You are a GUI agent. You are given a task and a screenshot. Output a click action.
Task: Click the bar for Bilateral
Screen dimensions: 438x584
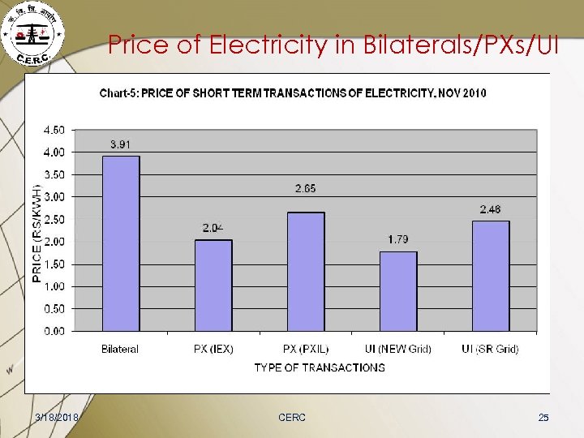pos(120,243)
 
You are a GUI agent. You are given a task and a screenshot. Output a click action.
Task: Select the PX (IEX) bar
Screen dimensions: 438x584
pos(213,286)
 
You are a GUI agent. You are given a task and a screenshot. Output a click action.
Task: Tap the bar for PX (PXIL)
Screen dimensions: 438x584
pos(305,272)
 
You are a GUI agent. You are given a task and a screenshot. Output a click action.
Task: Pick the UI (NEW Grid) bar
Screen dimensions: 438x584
pos(398,291)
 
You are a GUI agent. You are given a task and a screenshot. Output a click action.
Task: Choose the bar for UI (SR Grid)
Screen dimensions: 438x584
pos(490,276)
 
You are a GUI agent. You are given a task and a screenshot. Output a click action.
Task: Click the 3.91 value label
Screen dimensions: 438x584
pos(121,144)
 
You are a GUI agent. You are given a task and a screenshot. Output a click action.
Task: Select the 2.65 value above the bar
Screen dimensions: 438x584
pos(305,188)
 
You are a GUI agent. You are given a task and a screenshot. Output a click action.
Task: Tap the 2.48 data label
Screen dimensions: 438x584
pos(490,209)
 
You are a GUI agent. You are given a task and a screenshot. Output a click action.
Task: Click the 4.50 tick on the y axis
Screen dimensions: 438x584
pos(54,130)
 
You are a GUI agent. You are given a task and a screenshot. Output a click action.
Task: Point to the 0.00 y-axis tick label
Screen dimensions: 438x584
pos(54,331)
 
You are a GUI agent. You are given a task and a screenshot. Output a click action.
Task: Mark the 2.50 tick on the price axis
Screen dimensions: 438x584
pos(54,219)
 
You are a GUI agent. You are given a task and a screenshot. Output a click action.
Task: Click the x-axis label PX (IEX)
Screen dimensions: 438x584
pos(213,350)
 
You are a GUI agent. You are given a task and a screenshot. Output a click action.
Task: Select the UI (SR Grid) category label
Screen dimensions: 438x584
pos(490,350)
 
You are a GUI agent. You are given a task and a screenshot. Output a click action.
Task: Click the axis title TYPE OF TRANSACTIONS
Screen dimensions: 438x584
pos(320,367)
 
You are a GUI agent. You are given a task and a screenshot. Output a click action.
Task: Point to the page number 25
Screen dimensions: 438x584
pos(543,417)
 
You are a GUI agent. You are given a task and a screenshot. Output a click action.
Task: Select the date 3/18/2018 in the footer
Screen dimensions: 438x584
pos(57,417)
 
